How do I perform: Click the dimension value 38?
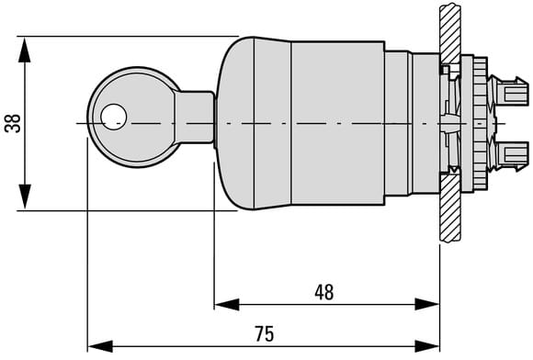pyautogui.click(x=13, y=123)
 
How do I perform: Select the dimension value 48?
pyautogui.click(x=324, y=292)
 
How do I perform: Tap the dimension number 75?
pyautogui.click(x=265, y=334)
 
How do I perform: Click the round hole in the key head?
pyautogui.click(x=114, y=117)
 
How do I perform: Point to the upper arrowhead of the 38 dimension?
pyautogui.click(x=25, y=50)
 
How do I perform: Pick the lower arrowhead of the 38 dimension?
pyautogui.click(x=25, y=197)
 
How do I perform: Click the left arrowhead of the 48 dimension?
pyautogui.click(x=227, y=304)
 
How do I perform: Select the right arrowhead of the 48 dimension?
pyautogui.click(x=427, y=304)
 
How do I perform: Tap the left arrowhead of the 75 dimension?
pyautogui.click(x=100, y=346)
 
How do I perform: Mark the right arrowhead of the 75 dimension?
pyautogui.click(x=427, y=346)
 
